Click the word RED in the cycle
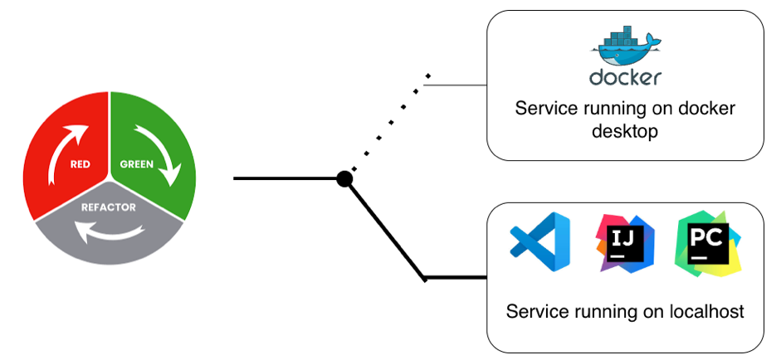click(81, 164)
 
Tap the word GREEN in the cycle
click(136, 163)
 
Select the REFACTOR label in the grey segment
click(108, 207)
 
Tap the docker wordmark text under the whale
click(625, 77)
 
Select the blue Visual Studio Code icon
click(539, 241)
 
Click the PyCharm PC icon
click(708, 242)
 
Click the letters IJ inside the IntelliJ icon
click(623, 240)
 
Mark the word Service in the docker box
click(544, 109)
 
